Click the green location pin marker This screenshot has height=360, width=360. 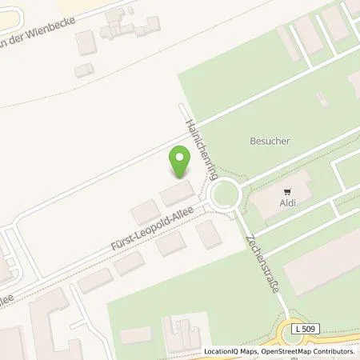pos(181,164)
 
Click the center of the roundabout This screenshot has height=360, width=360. pos(223,194)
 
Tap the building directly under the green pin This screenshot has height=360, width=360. pos(178,193)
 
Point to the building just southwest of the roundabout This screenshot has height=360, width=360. pos(209,234)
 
